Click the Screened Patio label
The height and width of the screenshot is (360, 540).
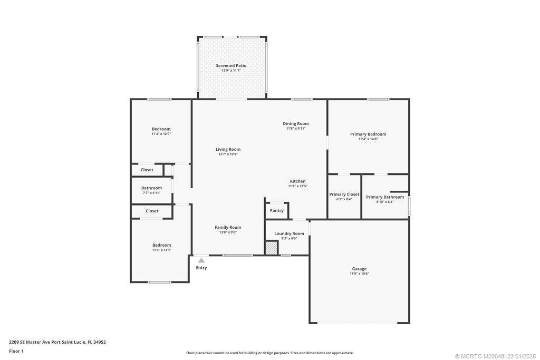point(231,65)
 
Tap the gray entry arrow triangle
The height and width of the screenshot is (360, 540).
point(201,260)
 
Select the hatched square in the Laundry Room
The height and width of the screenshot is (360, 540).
point(271,248)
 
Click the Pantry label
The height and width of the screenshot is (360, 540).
point(276,211)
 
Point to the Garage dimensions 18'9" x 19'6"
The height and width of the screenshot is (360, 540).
point(359,274)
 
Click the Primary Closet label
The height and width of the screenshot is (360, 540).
point(344,194)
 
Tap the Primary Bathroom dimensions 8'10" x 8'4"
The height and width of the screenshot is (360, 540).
point(385,202)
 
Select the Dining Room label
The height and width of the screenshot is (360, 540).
point(296,123)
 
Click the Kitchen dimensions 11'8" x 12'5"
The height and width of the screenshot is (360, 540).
point(297,186)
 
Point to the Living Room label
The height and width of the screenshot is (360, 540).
point(228,149)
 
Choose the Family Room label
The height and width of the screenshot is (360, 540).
point(228,227)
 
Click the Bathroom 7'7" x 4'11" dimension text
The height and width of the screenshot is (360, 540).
point(151,193)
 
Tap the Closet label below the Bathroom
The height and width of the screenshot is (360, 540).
point(152,211)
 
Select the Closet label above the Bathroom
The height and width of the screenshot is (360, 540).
point(147,170)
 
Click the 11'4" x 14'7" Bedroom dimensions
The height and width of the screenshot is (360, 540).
point(161,250)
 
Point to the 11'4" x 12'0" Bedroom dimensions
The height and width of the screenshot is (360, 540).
point(161,134)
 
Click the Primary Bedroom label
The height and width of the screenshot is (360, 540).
point(368,134)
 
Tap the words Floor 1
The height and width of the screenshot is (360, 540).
point(16,351)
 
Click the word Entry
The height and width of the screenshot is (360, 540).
point(201,268)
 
